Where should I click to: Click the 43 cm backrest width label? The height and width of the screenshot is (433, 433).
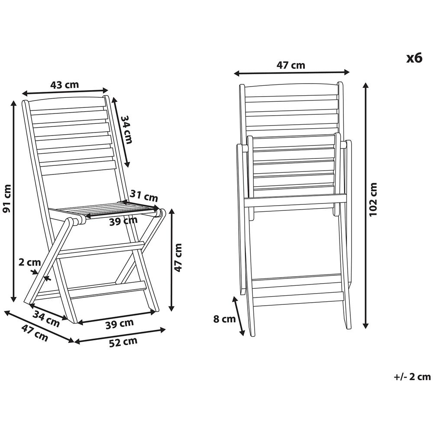click(x=65, y=84)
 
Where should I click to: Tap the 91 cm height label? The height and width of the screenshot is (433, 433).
click(x=6, y=199)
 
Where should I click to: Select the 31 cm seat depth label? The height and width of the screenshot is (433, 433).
click(x=144, y=196)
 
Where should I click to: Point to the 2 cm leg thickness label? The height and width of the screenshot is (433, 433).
click(x=29, y=262)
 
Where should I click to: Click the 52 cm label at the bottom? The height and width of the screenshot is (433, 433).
click(x=123, y=342)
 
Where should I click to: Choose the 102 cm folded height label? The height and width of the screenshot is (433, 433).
click(x=373, y=199)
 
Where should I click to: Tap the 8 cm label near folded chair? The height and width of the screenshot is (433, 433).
click(x=224, y=319)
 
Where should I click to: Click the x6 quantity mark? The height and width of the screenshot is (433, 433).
click(x=414, y=58)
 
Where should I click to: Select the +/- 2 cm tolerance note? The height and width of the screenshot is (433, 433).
click(x=412, y=377)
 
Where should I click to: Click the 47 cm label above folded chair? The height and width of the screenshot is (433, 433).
click(x=291, y=65)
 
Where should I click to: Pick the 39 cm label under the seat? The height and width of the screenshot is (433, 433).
click(x=123, y=221)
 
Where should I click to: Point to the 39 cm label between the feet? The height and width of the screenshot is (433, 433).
click(x=120, y=323)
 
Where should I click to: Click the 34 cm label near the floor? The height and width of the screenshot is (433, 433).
click(x=46, y=318)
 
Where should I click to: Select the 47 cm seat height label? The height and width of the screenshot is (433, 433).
click(x=178, y=258)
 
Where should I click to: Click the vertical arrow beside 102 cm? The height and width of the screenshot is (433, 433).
click(x=366, y=205)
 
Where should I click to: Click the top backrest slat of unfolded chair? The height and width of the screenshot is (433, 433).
click(x=68, y=110)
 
